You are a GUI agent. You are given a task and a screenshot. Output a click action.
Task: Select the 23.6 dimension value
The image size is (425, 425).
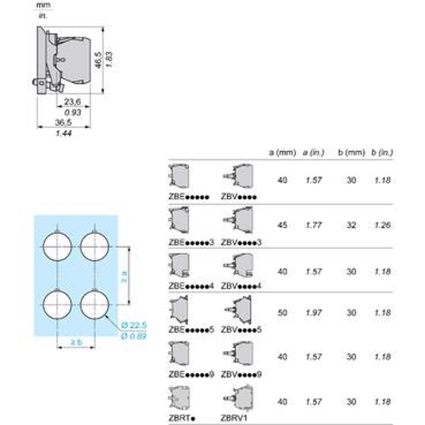[73, 102]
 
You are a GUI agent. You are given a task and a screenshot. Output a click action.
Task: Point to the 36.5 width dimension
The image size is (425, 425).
[63, 123]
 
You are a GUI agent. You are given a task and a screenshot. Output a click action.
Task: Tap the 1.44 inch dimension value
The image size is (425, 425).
[63, 134]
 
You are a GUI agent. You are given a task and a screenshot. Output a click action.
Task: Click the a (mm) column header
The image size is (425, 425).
[282, 153]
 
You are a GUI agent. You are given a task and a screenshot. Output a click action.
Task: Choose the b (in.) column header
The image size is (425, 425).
[382, 153]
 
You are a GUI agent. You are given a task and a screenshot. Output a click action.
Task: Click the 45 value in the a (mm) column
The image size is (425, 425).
[282, 225]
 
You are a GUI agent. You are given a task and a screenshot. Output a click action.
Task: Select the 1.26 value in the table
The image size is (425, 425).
[382, 225]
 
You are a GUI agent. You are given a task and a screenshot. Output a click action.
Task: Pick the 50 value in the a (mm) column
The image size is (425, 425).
[282, 313]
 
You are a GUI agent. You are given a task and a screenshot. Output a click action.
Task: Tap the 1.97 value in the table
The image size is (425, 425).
[314, 313]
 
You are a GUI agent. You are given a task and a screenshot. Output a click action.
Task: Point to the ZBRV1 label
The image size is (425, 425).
[234, 418]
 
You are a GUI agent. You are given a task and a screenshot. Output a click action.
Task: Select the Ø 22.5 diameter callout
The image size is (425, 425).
[134, 325]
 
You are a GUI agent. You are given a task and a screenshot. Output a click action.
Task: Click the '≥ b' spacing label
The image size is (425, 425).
[76, 342]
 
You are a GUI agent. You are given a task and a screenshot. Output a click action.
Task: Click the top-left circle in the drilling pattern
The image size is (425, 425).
[57, 247]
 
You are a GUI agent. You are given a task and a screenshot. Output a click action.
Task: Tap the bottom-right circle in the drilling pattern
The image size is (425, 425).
[95, 305]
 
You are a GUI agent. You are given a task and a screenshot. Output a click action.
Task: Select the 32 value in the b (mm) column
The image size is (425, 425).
[351, 225]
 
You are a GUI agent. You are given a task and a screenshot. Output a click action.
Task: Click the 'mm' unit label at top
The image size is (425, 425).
[43, 5]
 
